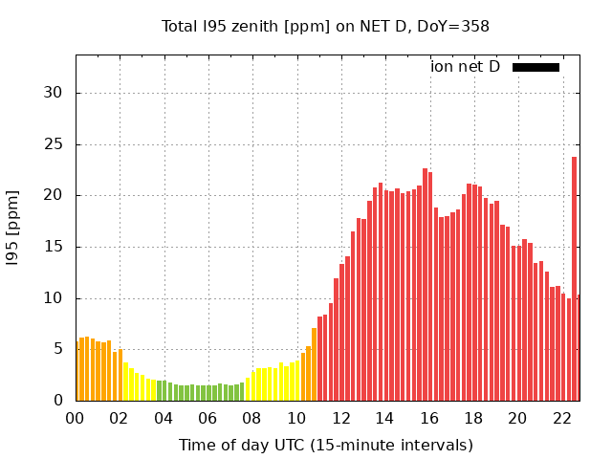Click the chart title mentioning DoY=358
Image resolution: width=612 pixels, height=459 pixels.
(325, 26)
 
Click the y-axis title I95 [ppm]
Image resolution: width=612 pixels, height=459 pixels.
(13, 228)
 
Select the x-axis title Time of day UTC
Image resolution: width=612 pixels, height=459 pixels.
(325, 445)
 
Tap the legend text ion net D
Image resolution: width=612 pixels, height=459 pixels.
(465, 66)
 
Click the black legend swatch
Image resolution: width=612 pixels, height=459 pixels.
(535, 67)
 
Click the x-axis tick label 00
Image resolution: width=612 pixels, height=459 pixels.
(76, 418)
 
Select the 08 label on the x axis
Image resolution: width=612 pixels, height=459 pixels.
(252, 418)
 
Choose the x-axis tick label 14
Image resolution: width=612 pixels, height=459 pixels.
(385, 418)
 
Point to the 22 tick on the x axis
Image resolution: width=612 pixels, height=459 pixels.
(562, 418)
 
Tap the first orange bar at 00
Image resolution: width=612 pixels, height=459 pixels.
(77, 373)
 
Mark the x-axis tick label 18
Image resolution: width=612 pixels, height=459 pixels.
(473, 418)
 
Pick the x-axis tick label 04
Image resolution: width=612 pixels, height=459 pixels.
(164, 418)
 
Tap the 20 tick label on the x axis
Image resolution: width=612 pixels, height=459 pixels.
(517, 418)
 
